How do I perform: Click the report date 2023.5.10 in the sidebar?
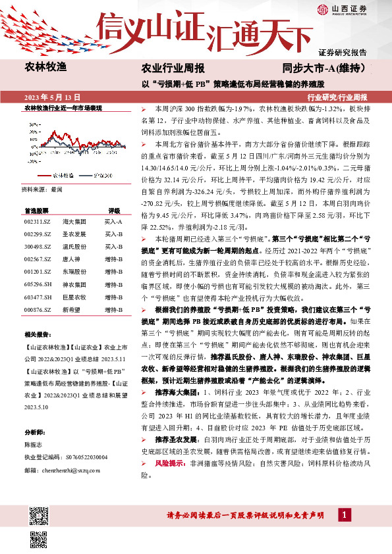(x=35, y=407)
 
